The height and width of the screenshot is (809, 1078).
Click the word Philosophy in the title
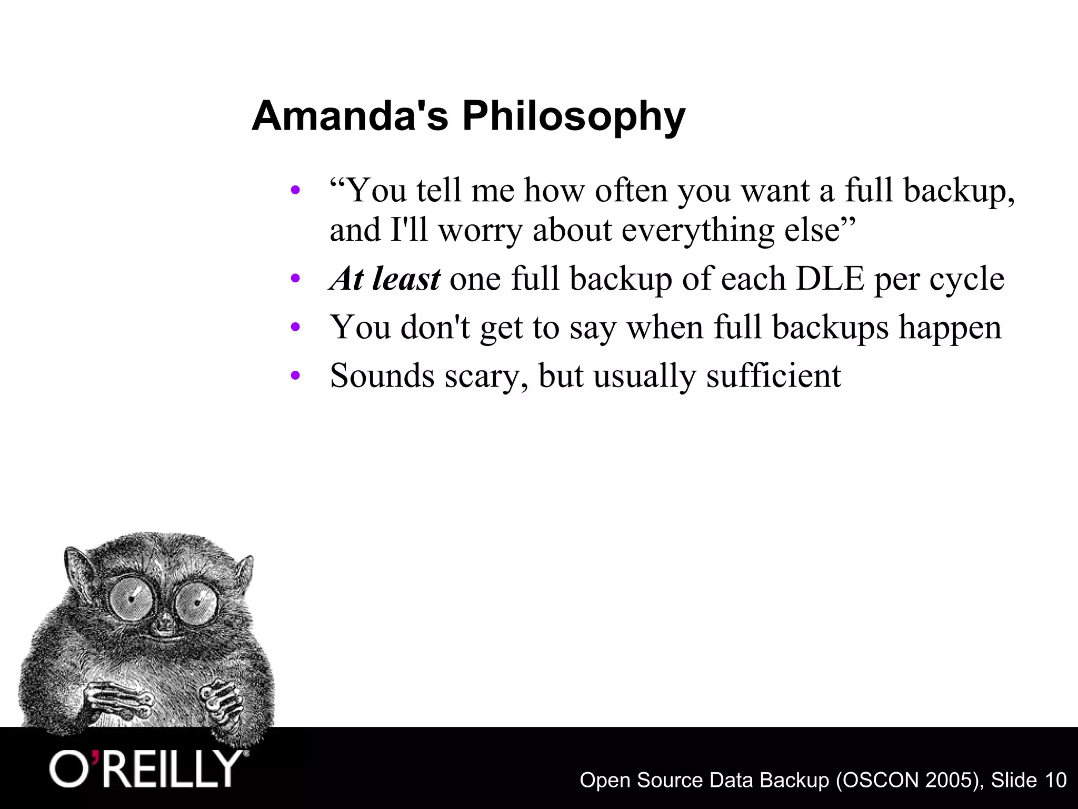click(x=574, y=117)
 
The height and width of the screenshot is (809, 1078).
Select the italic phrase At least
click(x=385, y=279)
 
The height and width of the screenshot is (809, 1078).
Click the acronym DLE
click(x=830, y=279)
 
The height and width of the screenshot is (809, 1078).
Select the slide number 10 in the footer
click(x=1055, y=780)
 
